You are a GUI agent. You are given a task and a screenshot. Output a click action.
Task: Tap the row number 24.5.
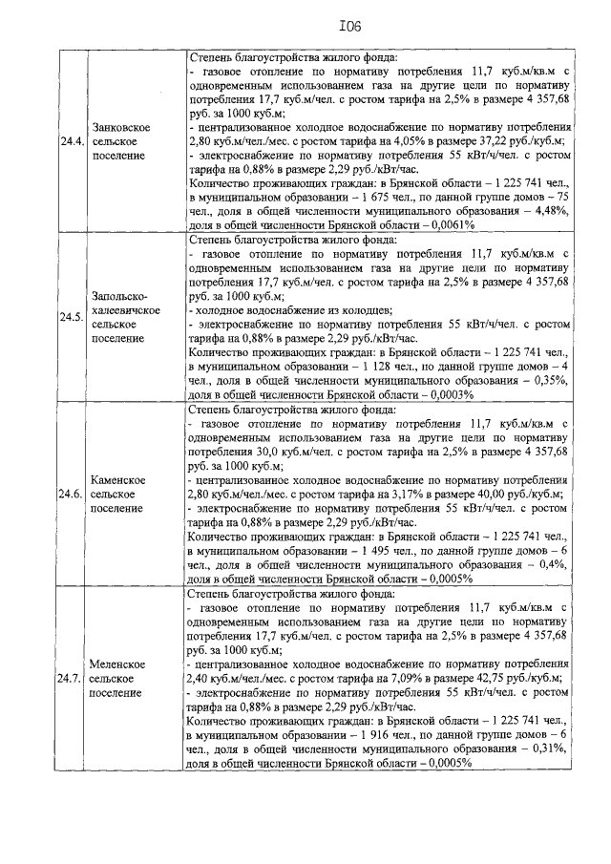click(70, 317)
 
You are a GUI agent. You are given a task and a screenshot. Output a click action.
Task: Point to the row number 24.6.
click(70, 494)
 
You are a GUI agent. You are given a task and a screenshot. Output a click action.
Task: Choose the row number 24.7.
click(70, 679)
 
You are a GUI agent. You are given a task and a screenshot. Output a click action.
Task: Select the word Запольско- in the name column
click(121, 296)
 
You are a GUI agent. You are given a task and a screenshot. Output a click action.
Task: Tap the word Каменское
click(118, 479)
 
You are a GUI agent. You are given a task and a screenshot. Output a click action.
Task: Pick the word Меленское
click(118, 664)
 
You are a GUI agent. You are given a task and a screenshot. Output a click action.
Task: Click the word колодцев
click(363, 310)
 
